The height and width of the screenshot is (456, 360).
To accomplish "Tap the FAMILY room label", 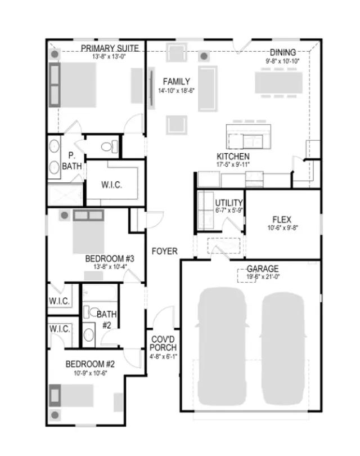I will tap(176, 82).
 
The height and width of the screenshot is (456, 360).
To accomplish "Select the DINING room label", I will tap(282, 52).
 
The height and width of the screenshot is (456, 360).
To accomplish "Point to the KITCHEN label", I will tap(233, 157).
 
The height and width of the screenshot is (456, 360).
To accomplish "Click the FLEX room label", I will tap(281, 220).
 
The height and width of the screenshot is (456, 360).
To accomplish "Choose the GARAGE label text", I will tap(262, 269).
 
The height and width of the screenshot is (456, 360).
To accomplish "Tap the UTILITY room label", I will tap(229, 203).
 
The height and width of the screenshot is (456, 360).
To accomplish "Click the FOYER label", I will tap(164, 251).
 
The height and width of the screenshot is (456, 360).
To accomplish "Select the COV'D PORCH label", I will tap(164, 343).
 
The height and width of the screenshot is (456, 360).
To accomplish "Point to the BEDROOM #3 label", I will tap(109, 258).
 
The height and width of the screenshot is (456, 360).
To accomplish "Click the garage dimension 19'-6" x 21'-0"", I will tap(262, 277).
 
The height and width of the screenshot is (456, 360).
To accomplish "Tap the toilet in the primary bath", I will tap(109, 147).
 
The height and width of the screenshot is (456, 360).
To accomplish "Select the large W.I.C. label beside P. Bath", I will tap(111, 185).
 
